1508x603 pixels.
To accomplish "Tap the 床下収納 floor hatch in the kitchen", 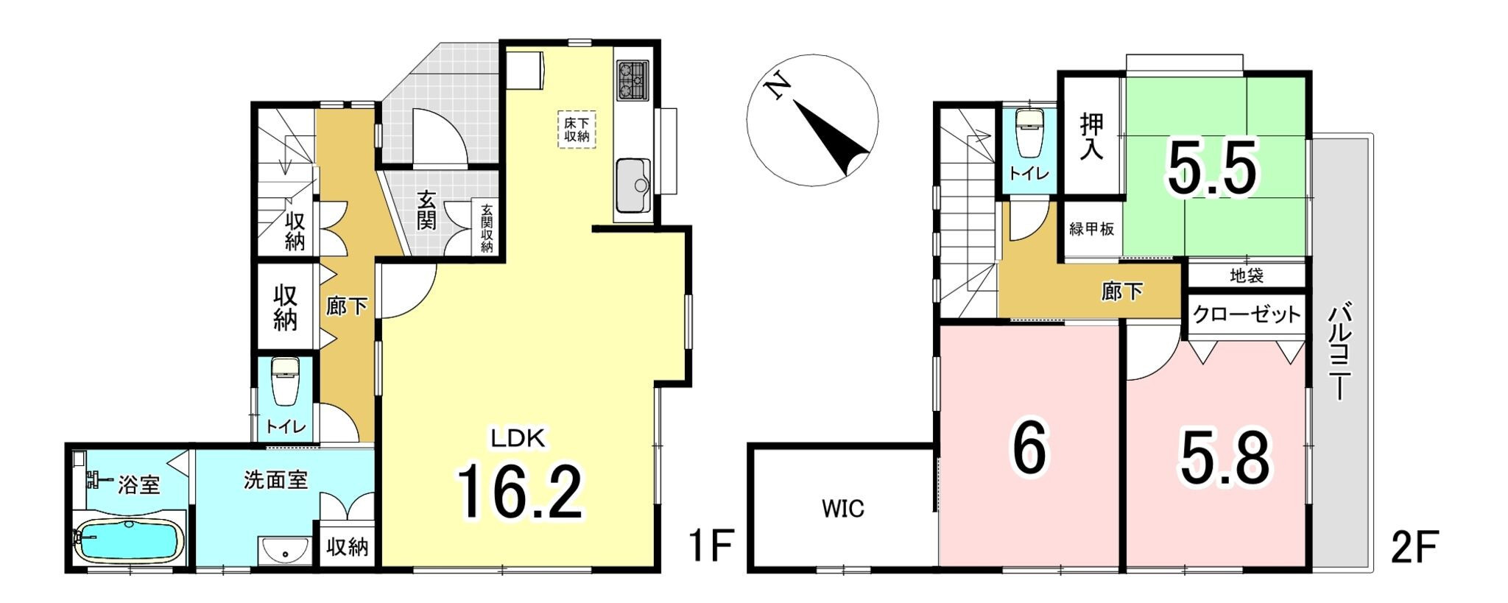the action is pyautogui.click(x=577, y=130).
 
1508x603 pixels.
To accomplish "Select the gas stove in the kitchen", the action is pyautogui.click(x=633, y=80).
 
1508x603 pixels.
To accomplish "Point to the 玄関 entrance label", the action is pyautogui.click(x=426, y=210).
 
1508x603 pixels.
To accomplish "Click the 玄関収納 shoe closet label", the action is pyautogui.click(x=487, y=228).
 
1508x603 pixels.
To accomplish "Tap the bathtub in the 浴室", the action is pyautogui.click(x=129, y=543).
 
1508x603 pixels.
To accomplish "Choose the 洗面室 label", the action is pyautogui.click(x=275, y=480).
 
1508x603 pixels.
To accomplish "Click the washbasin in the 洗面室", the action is pyautogui.click(x=285, y=549).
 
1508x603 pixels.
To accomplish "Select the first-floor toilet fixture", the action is pyautogui.click(x=285, y=382).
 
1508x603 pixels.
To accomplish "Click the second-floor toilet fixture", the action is pyautogui.click(x=1026, y=135).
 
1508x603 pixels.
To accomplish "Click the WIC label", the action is pyautogui.click(x=843, y=509).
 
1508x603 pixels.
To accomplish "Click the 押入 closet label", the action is pyautogui.click(x=1092, y=137).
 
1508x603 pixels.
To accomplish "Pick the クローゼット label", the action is pyautogui.click(x=1246, y=315).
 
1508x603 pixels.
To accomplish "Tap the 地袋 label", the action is pyautogui.click(x=1247, y=276).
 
